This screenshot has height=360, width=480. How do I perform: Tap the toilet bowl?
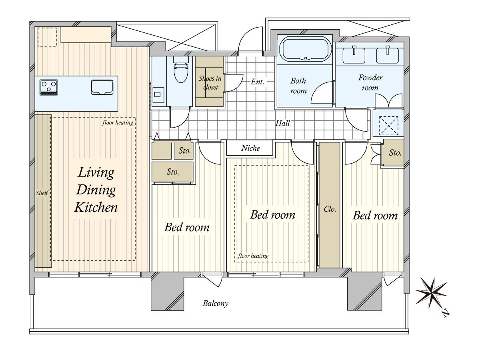(181, 70)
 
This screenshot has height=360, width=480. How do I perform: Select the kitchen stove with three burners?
(49, 87)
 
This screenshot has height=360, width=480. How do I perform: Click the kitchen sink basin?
(102, 87)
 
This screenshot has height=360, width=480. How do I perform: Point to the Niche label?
(251, 148)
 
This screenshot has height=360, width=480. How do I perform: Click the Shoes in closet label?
(210, 83)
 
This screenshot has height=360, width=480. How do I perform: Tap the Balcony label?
(215, 303)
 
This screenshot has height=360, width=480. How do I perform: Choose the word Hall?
(282, 123)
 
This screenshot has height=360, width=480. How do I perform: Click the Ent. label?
(257, 82)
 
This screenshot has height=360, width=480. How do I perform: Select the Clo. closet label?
(330, 209)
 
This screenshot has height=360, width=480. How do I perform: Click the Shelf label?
(42, 193)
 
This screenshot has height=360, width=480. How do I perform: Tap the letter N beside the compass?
(446, 314)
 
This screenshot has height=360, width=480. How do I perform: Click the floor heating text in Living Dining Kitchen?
(118, 123)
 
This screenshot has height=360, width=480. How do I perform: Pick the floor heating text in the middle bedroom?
(253, 256)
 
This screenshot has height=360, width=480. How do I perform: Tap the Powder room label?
(370, 83)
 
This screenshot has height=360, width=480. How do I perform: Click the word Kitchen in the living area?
(96, 208)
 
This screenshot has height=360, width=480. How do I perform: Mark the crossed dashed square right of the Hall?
(388, 126)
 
